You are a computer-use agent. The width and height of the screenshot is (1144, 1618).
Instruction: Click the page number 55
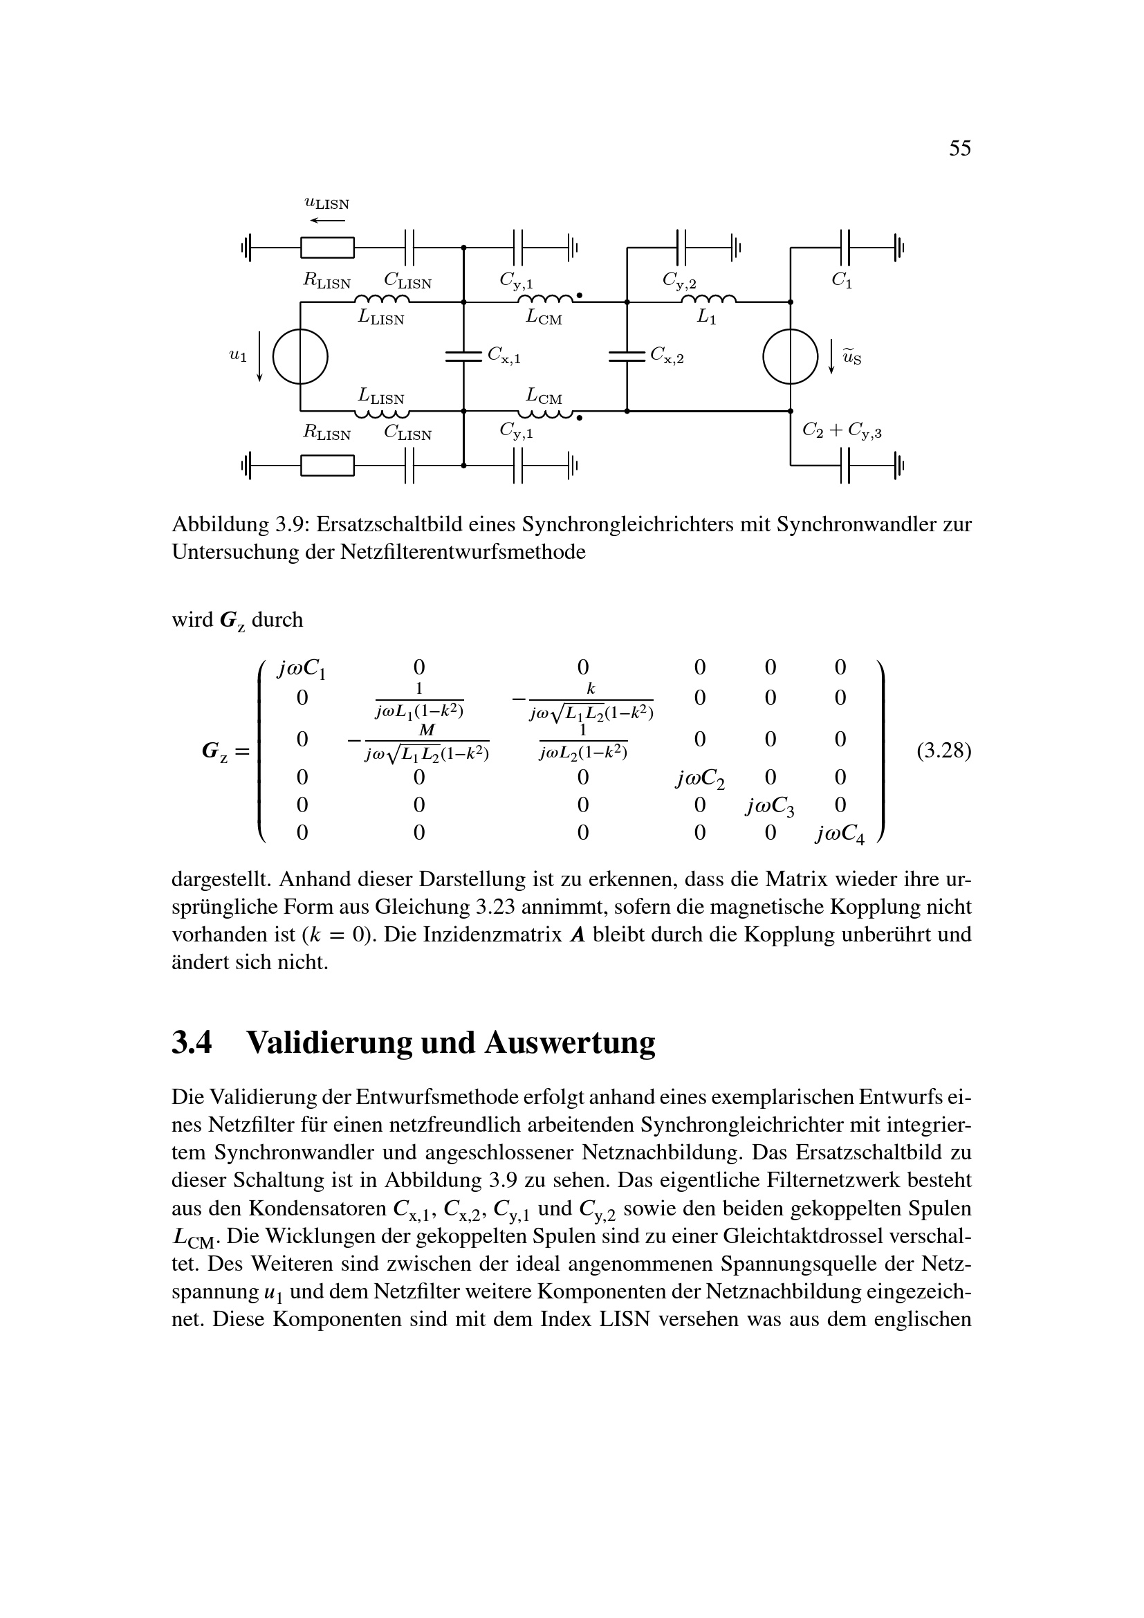tap(959, 148)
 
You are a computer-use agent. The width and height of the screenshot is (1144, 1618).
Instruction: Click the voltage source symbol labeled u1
tap(300, 356)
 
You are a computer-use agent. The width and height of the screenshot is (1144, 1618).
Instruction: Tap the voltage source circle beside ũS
tap(791, 356)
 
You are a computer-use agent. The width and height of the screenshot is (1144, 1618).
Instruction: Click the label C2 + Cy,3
tap(842, 430)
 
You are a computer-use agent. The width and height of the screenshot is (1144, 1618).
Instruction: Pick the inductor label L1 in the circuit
tap(707, 318)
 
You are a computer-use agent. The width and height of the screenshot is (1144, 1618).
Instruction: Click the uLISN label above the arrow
tap(327, 203)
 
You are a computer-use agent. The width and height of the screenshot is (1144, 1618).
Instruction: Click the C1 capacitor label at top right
tap(842, 279)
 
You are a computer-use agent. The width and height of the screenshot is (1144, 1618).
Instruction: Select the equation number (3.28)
tap(943, 751)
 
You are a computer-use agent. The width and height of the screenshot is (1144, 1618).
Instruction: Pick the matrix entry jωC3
tap(770, 807)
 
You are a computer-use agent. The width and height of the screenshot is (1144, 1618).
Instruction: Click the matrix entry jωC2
tap(699, 780)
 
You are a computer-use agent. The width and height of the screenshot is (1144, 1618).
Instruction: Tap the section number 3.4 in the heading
tap(192, 1042)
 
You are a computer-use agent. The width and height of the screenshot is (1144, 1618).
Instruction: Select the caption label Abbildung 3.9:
tap(239, 524)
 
